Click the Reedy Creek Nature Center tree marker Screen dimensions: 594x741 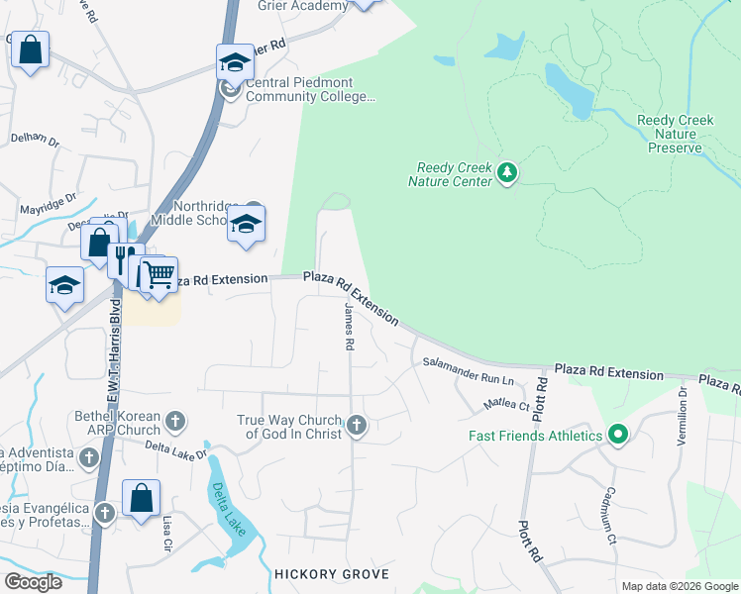[507, 173]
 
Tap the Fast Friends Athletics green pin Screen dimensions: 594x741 [618, 435]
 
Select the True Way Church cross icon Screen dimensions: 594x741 [357, 426]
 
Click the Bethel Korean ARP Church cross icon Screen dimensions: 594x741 [174, 423]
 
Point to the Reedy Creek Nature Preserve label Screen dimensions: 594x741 [675, 134]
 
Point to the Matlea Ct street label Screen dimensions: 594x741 [506, 403]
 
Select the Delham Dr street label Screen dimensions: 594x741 [35, 139]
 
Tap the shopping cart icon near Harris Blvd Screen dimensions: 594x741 [159, 274]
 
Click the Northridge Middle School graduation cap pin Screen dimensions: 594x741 [246, 225]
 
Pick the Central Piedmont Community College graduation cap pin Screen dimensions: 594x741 [235, 63]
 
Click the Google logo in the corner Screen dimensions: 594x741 [32, 582]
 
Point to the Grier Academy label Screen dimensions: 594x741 [303, 6]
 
